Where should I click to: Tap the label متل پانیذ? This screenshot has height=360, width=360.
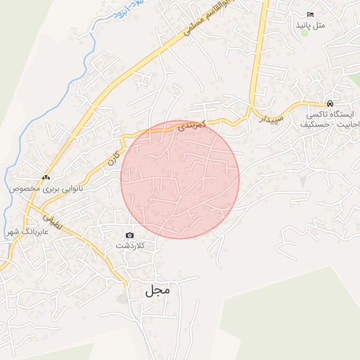click(311, 25)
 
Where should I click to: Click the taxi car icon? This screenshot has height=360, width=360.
click(330, 102)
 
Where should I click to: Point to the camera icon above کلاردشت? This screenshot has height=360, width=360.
click(129, 235)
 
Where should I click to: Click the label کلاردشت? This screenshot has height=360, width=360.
click(130, 246)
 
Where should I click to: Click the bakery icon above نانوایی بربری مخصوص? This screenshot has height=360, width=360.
click(46, 178)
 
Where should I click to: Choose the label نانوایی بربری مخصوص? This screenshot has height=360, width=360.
click(46, 189)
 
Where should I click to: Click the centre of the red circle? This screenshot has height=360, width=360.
click(180, 179)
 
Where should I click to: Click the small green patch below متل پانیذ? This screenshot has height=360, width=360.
click(354, 79)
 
